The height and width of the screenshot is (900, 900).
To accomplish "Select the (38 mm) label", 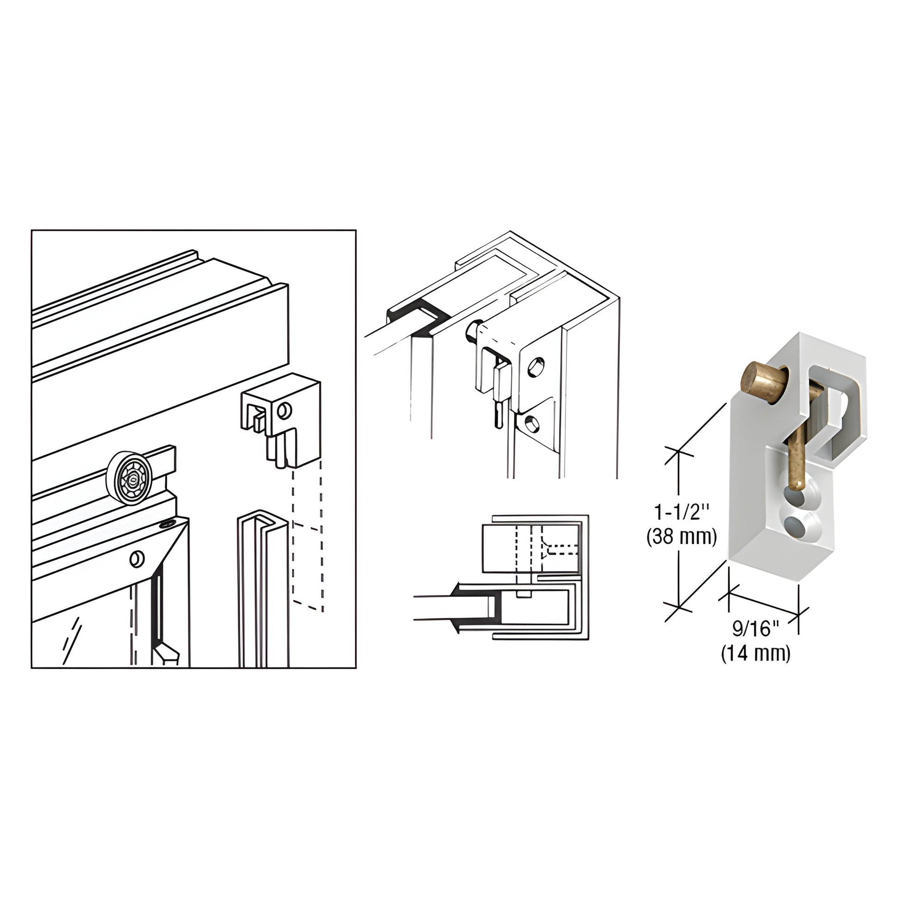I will pos(681,537).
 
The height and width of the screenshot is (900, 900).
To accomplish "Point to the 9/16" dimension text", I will pos(755,629).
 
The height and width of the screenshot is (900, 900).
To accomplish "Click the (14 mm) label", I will pos(756,653).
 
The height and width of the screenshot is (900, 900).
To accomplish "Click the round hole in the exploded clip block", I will pos(284,410).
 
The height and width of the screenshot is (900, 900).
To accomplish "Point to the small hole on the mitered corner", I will pos(136,559).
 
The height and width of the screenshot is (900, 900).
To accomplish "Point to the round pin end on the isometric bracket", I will pos(471,332).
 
